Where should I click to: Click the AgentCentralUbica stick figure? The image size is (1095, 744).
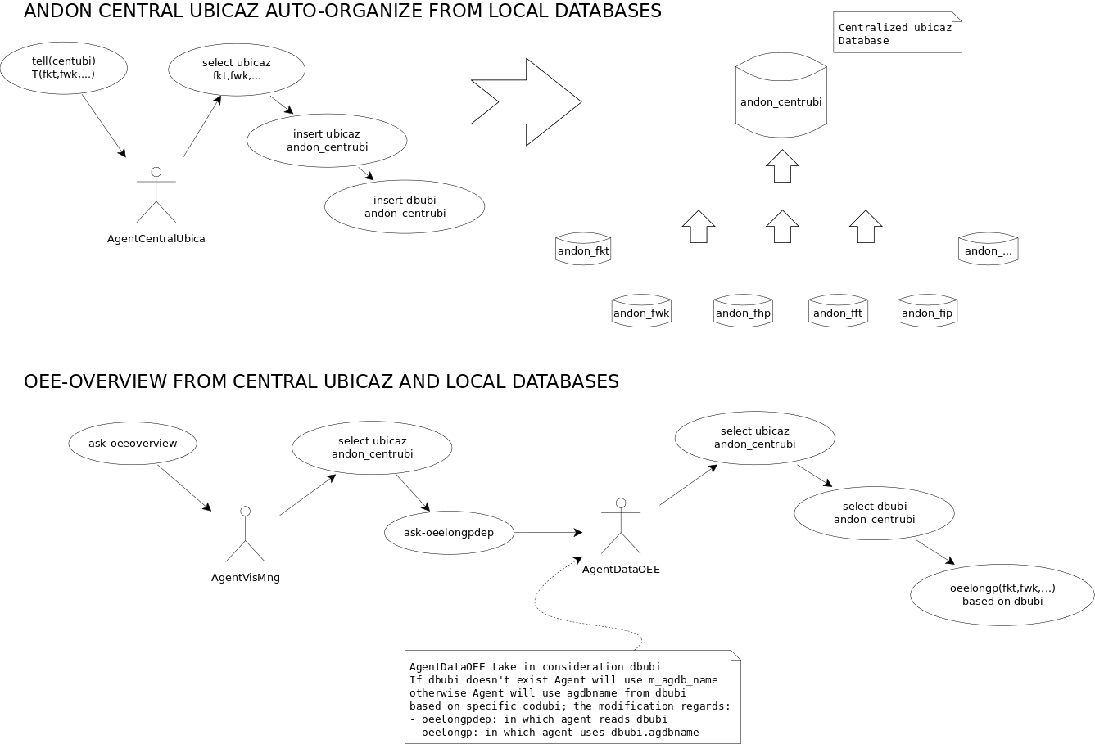(x=156, y=196)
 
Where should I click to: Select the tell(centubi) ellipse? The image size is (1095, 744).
(x=64, y=67)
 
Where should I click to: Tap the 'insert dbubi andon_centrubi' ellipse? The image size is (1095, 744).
(x=405, y=207)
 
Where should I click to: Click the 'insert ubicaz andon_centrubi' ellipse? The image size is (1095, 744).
(x=327, y=140)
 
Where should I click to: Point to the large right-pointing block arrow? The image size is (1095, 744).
(x=526, y=102)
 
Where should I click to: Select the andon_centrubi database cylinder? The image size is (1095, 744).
(x=781, y=102)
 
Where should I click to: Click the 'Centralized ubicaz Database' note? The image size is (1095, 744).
(x=897, y=34)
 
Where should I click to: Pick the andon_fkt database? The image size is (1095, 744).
(x=583, y=250)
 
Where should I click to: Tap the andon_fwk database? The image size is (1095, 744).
(x=641, y=312)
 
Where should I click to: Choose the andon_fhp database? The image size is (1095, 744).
(x=743, y=312)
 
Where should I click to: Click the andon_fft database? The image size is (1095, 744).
(x=837, y=312)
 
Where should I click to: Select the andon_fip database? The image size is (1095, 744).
(x=926, y=312)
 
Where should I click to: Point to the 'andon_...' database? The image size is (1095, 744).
(x=988, y=250)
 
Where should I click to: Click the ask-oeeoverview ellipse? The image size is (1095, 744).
(x=133, y=444)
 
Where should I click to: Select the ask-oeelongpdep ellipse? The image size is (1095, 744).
(x=449, y=533)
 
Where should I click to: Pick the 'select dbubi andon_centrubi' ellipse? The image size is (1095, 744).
(x=874, y=513)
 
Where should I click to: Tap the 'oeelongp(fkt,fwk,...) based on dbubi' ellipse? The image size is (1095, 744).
(x=1002, y=595)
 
